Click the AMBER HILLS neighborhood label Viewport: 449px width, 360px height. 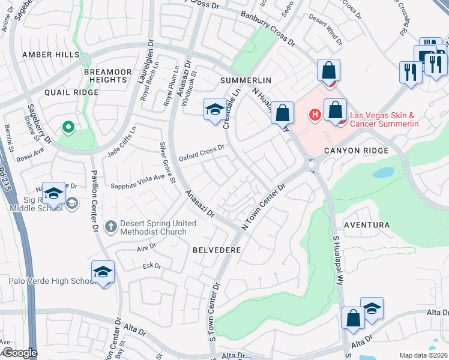[50, 55]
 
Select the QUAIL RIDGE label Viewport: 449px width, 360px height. [71, 92]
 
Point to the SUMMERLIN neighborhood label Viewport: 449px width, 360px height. [246, 80]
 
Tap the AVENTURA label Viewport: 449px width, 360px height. [367, 225]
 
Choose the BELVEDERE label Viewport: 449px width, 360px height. [217, 249]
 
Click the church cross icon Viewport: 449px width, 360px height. [110, 227]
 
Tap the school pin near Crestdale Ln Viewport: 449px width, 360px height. [215, 109]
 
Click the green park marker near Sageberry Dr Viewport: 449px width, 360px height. [68, 127]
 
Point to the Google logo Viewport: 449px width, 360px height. [19, 353]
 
